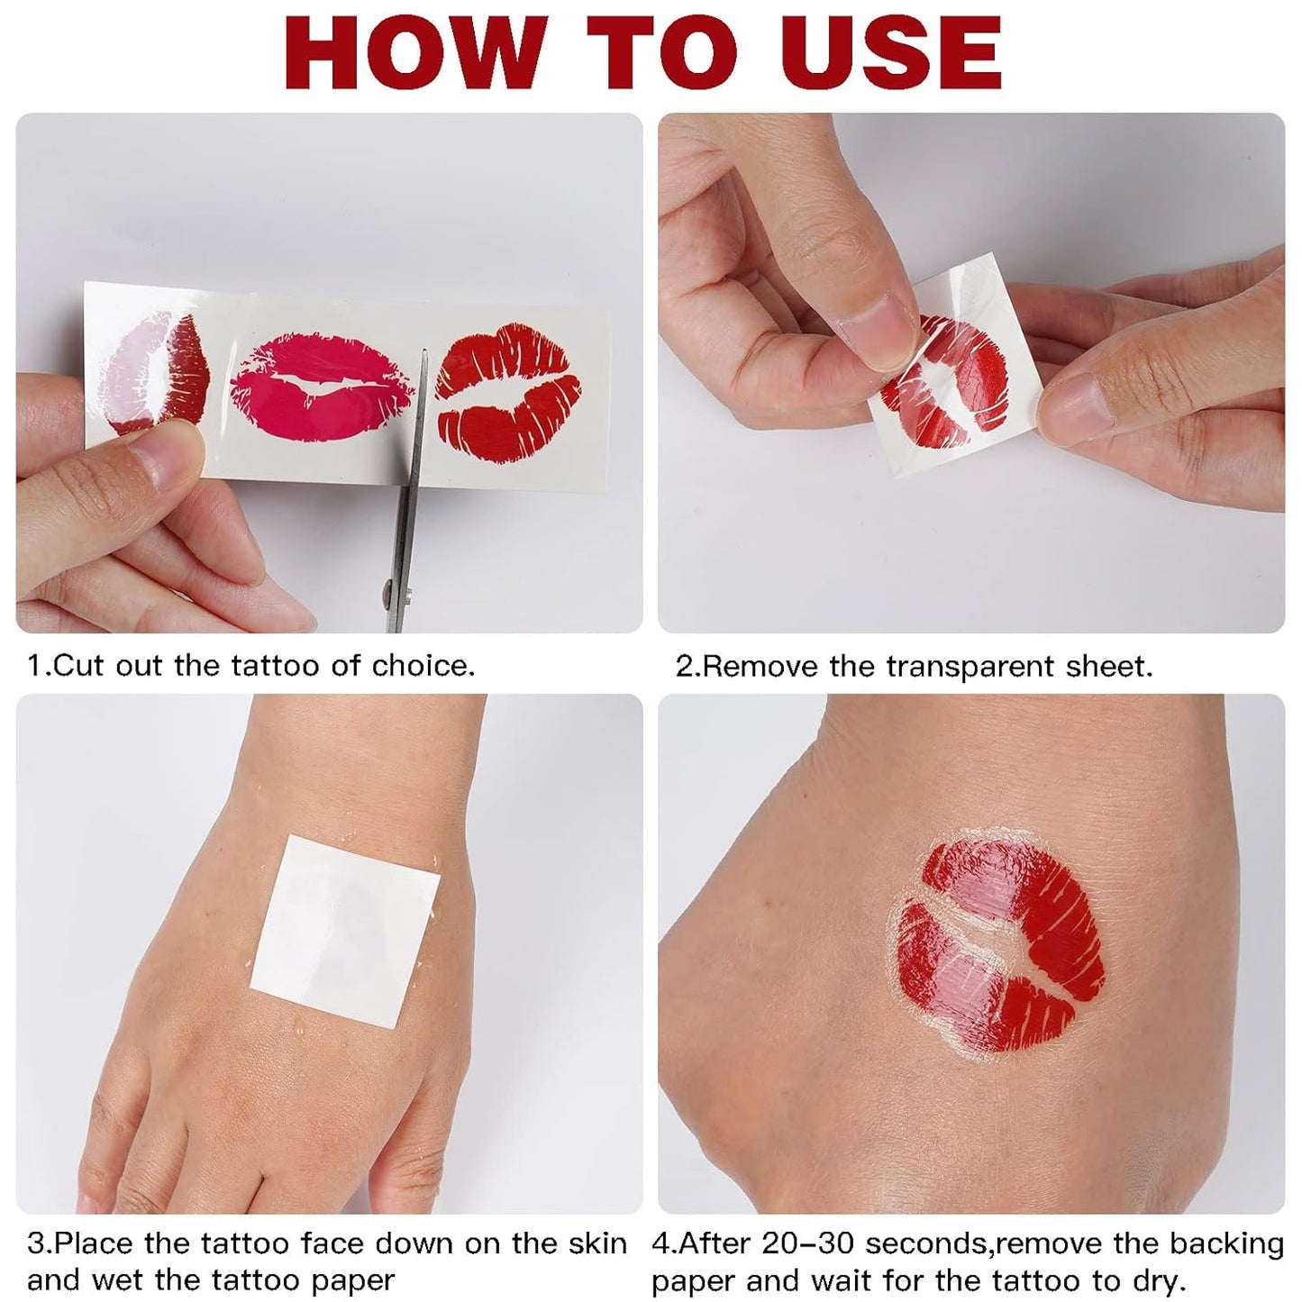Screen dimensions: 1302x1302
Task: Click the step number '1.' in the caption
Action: tap(36, 666)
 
